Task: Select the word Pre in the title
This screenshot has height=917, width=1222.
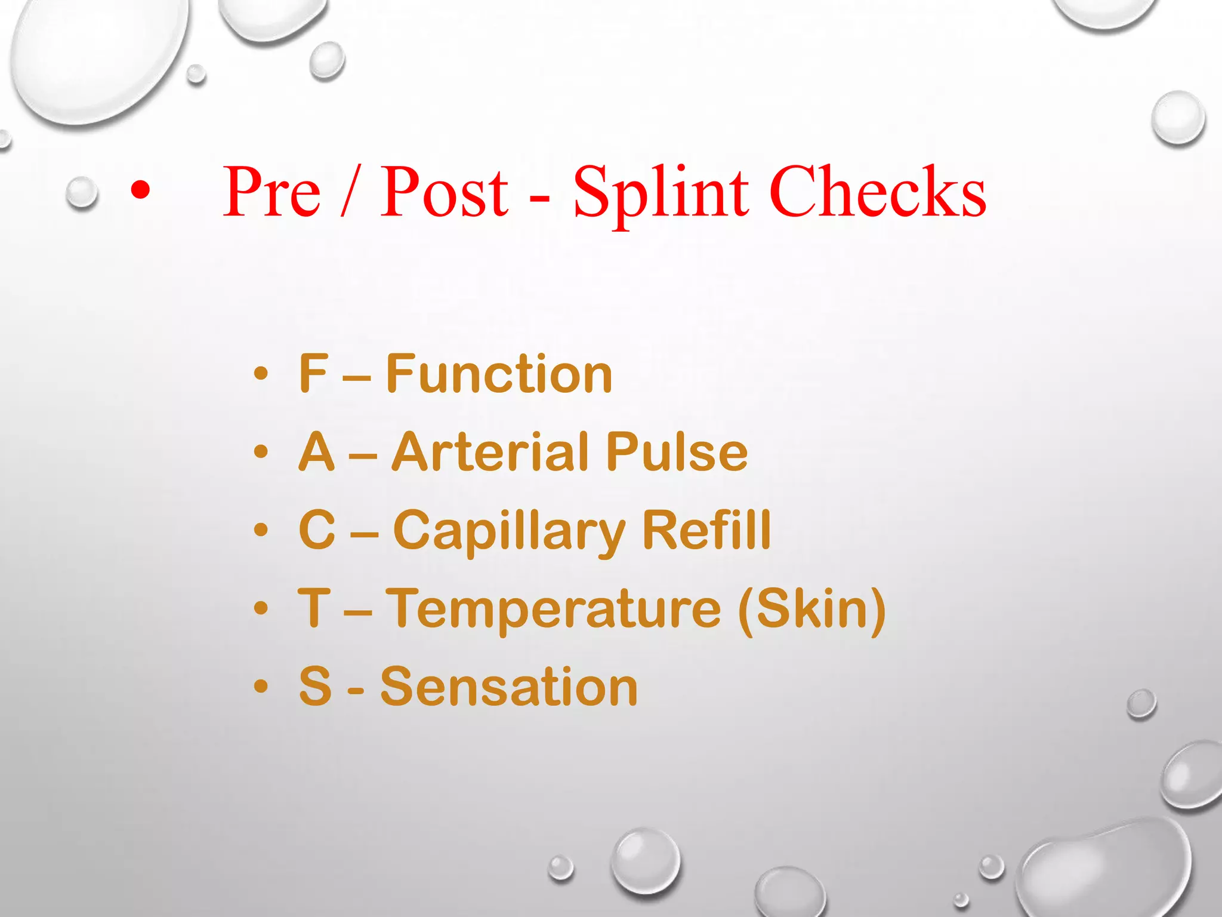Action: (x=271, y=192)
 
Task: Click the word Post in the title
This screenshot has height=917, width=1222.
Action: (x=444, y=192)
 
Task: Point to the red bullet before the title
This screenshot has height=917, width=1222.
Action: (x=140, y=190)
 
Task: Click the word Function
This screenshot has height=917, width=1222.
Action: (x=499, y=374)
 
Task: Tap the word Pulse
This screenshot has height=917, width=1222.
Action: (x=676, y=452)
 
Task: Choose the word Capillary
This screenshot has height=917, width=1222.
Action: (x=509, y=531)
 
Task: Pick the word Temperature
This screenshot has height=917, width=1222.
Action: (x=554, y=608)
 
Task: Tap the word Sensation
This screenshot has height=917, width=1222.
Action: (x=509, y=687)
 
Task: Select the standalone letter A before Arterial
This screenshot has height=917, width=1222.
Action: (x=316, y=452)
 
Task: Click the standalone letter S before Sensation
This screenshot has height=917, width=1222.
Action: (x=315, y=687)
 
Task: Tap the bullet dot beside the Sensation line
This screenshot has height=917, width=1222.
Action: (x=261, y=687)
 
